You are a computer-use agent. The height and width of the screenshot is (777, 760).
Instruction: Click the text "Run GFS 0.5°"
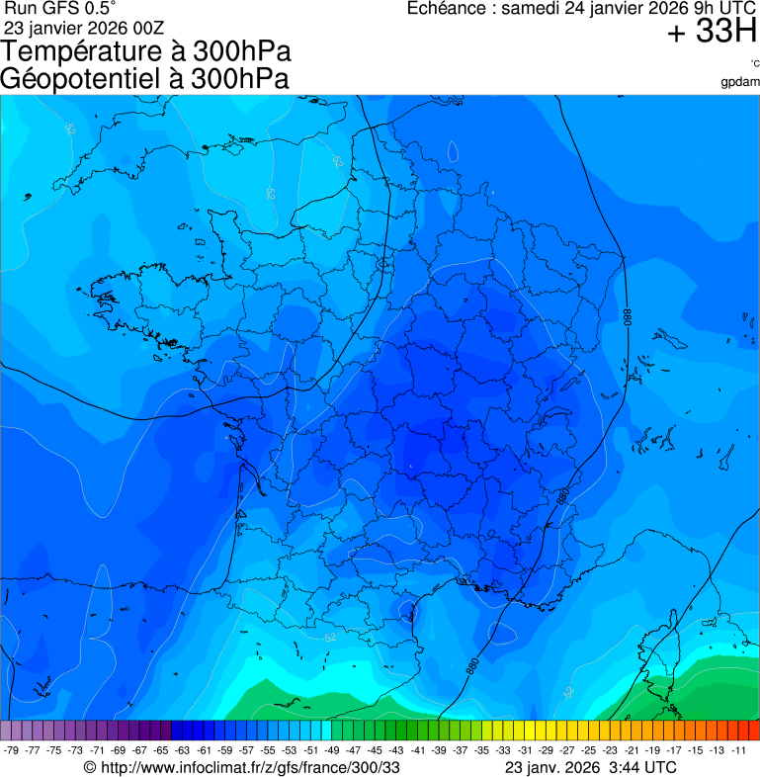click(60, 9)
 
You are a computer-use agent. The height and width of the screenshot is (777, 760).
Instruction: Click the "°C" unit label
click(754, 64)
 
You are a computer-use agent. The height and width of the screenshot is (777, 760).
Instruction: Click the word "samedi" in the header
click(531, 9)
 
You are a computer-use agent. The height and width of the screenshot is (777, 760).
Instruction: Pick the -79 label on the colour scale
click(12, 750)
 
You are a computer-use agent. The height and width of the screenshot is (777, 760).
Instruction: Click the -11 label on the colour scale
click(739, 750)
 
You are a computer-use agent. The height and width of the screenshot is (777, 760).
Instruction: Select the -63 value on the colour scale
click(183, 750)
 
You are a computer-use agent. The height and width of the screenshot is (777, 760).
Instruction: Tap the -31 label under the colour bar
click(525, 750)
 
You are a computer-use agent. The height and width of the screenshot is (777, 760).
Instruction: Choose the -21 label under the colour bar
click(633, 750)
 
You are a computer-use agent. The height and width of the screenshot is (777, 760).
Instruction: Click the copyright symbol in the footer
click(90, 767)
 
